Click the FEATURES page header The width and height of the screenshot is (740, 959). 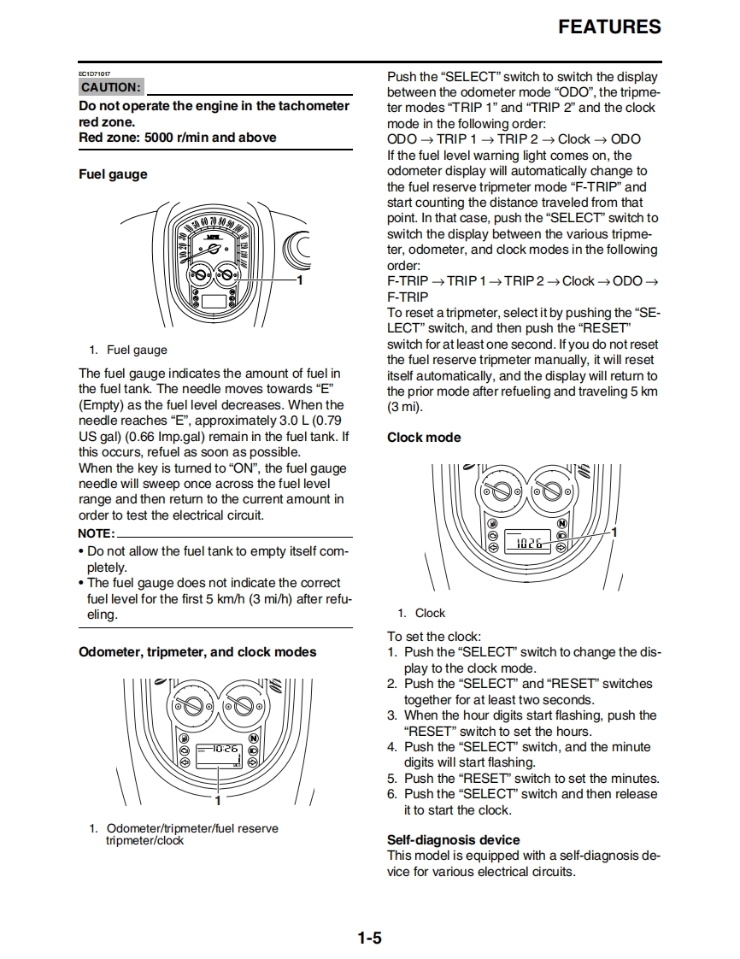tap(609, 26)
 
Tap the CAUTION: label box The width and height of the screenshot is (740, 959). tap(111, 87)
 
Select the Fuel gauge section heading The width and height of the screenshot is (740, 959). tap(113, 174)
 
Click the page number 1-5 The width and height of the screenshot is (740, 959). tap(370, 938)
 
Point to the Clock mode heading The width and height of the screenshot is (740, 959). tap(424, 438)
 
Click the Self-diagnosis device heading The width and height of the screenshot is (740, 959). tap(454, 840)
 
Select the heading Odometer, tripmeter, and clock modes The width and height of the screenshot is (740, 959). tap(197, 652)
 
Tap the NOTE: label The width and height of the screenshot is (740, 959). tap(96, 534)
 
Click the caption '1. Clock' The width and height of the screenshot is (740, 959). tap(421, 613)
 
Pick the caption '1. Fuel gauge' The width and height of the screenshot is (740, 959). tap(128, 350)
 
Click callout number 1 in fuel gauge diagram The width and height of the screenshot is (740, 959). tap(300, 279)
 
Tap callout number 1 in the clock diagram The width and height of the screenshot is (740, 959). tap(614, 532)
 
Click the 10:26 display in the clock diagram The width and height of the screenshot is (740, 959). tap(529, 543)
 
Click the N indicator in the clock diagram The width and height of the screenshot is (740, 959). tap(561, 523)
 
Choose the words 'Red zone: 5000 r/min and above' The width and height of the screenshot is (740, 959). tap(178, 137)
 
